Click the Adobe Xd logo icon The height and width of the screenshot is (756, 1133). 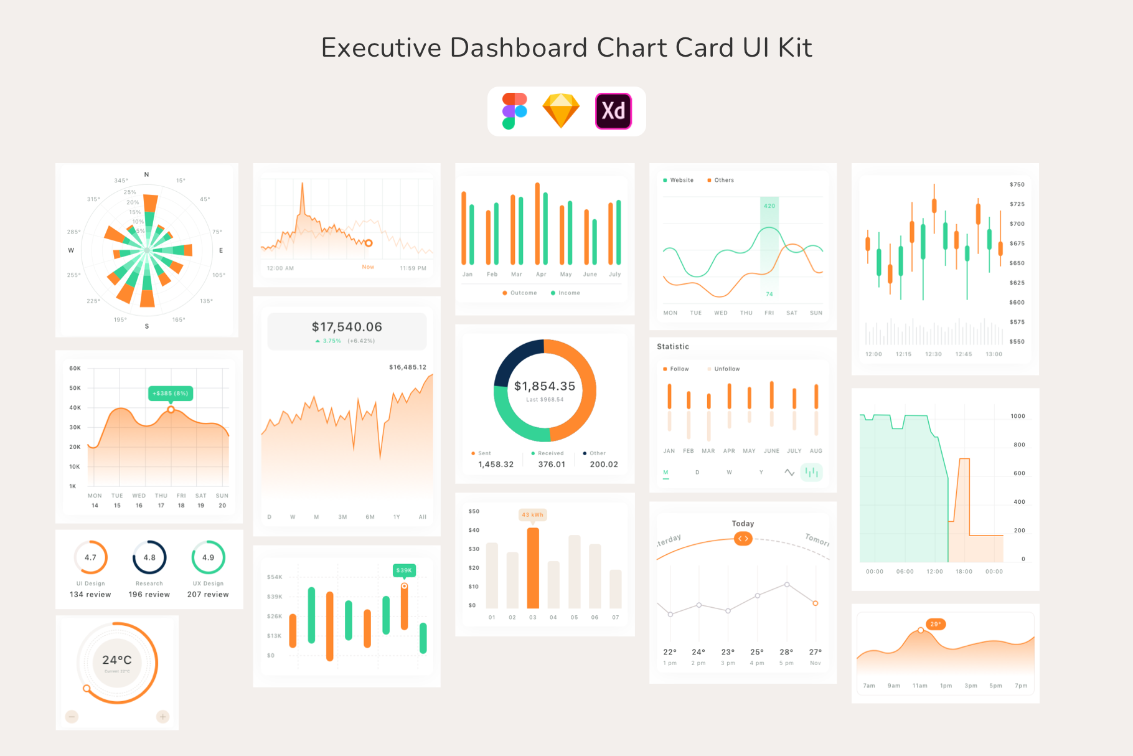click(613, 111)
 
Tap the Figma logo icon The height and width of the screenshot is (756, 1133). click(515, 111)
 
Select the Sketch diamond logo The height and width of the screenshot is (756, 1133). click(561, 111)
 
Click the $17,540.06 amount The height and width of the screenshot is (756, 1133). click(347, 327)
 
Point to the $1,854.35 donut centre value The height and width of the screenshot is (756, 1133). click(545, 387)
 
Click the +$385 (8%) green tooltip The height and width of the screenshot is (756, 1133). click(171, 394)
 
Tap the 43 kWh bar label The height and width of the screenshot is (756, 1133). click(532, 515)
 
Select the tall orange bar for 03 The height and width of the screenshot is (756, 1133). click(533, 568)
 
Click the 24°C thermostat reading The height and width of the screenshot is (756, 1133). click(117, 660)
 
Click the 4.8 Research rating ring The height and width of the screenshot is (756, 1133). click(149, 557)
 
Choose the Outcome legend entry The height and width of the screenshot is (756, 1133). click(520, 293)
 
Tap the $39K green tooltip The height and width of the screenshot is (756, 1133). click(404, 570)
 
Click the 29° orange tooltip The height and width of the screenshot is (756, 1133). click(936, 624)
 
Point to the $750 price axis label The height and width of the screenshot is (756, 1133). click(1017, 185)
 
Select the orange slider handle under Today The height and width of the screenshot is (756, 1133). click(743, 539)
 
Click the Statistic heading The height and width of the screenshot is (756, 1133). click(673, 347)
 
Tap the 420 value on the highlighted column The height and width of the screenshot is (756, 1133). click(769, 206)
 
